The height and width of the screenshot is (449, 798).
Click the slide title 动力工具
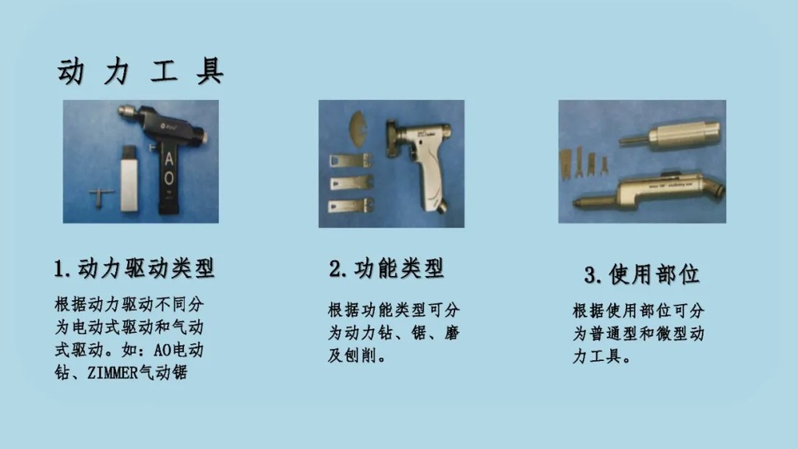coord(140,71)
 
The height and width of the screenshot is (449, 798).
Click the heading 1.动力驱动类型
coord(134,269)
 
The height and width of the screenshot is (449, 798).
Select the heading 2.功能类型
coord(387,269)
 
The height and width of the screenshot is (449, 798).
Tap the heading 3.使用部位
coord(642,274)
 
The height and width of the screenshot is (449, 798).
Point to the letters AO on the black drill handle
coord(170,167)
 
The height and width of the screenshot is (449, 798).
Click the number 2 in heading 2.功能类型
coord(336,270)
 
